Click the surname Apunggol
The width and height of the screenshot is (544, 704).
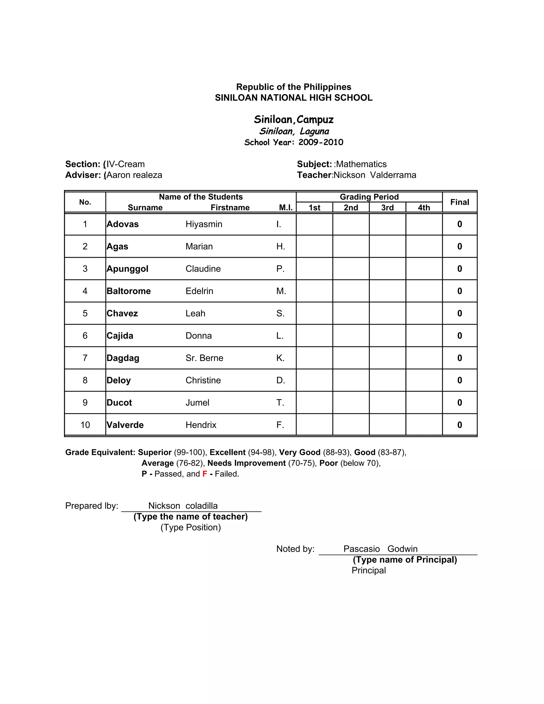pos(127,269)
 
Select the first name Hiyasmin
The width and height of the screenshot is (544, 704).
pos(204,224)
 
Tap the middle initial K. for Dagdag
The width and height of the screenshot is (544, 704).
pos(280,358)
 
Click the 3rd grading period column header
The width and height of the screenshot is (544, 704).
pos(387,207)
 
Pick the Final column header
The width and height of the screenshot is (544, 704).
pos(459,202)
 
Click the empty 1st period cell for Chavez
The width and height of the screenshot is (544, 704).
pos(314,313)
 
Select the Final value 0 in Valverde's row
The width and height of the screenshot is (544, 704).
pos(459,425)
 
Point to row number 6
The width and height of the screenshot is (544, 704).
pos(85,336)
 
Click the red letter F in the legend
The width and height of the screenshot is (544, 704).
pos(205,474)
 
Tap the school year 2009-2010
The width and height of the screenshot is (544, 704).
pos(321,142)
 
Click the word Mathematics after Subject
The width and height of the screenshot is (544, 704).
pos(361,164)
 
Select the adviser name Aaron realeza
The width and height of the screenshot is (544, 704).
pos(134,175)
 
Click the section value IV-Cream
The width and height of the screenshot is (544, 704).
pos(126,164)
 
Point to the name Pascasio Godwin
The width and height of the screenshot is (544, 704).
pos(380,549)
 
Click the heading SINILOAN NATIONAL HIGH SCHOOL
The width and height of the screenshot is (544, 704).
pos(294,98)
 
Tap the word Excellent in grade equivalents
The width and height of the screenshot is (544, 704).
pos(228,453)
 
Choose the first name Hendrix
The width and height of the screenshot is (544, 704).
pos(201,425)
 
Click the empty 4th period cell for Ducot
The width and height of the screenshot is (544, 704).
pos(424,402)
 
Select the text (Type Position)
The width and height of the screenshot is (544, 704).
pos(190,527)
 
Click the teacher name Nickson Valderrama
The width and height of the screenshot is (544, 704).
pos(375,175)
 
